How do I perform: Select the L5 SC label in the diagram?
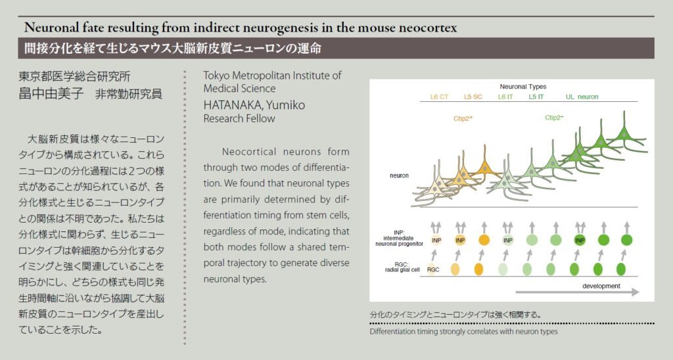[473, 97]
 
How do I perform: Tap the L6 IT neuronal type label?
[506, 97]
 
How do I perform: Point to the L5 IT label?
[536, 97]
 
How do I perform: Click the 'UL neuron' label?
[582, 97]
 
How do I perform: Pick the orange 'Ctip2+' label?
[463, 120]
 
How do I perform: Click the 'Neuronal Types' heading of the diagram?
[523, 87]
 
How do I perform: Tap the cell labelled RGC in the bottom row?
[434, 270]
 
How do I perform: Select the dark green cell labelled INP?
[580, 240]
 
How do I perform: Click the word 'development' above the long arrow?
[601, 286]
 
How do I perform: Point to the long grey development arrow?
[578, 294]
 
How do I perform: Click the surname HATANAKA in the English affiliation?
[231, 106]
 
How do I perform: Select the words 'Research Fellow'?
[239, 119]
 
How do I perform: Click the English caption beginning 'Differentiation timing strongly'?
[463, 332]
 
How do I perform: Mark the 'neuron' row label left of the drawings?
[399, 176]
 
